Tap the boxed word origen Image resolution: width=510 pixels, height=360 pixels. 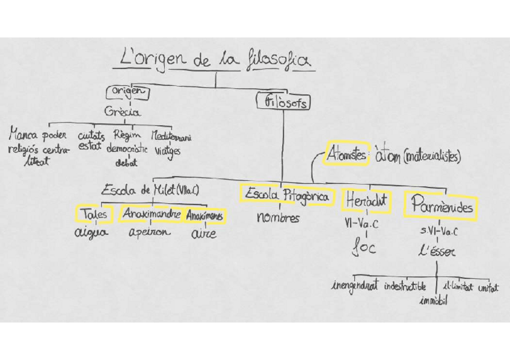click(x=127, y=92)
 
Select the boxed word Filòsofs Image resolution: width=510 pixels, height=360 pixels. click(x=283, y=102)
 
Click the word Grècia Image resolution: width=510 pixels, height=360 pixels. click(x=123, y=112)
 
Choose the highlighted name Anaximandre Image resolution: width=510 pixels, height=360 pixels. click(x=151, y=213)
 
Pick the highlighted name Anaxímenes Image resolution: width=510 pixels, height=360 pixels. click(x=204, y=215)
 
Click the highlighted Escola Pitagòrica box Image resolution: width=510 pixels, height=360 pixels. click(x=286, y=195)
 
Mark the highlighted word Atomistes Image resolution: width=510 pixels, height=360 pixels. click(x=345, y=154)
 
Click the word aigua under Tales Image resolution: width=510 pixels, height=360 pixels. click(x=91, y=233)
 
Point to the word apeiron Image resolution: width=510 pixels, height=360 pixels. click(x=149, y=232)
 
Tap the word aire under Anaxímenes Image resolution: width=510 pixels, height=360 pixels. click(x=204, y=234)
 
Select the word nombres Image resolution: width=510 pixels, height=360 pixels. click(x=278, y=218)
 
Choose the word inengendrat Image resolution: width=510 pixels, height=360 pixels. click(x=354, y=286)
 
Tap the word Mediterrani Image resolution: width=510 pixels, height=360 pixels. click(x=172, y=136)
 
